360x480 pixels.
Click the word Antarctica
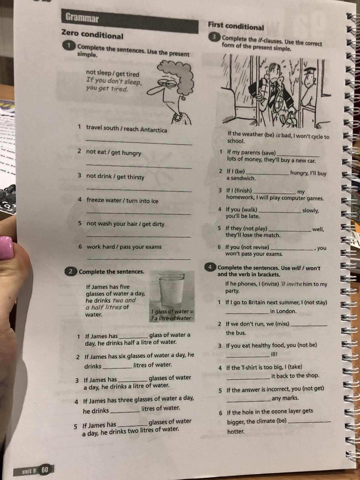[x=154, y=130]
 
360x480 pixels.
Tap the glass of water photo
[x=172, y=296]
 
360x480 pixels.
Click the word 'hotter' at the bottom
[x=236, y=431]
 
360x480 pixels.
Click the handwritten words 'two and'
[x=124, y=300]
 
